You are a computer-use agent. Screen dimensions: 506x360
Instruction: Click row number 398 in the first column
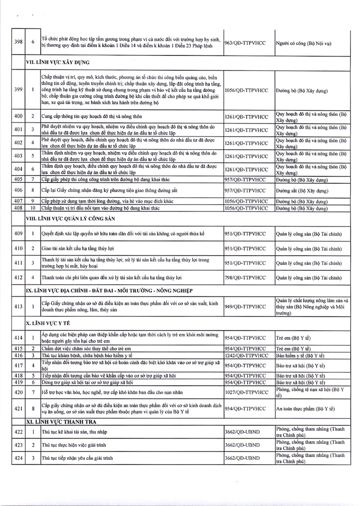(x=18, y=42)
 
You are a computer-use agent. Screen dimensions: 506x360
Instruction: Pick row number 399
(x=18, y=90)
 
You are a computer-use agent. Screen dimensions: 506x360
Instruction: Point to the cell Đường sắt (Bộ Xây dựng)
(x=306, y=190)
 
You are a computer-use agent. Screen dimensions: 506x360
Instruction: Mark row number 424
(x=18, y=458)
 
